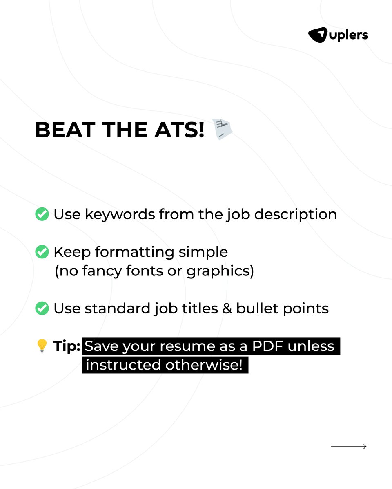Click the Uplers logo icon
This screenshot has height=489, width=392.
(318, 35)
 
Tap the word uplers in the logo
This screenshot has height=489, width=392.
(347, 35)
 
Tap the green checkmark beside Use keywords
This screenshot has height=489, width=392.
(42, 214)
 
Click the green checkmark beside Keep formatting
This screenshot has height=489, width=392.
(42, 252)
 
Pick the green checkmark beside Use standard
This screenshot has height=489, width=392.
(42, 308)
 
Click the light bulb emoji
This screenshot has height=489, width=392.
(42, 346)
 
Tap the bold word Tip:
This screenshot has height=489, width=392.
(67, 346)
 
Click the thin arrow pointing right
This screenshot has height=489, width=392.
(349, 447)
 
